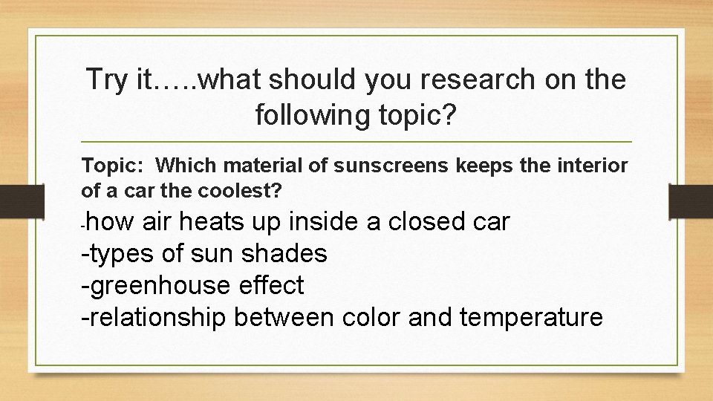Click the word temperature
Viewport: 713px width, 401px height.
click(531, 317)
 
